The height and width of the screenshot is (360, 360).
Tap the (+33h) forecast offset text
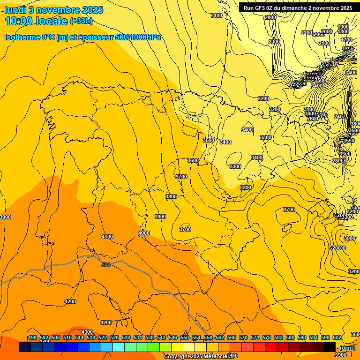point(81,21)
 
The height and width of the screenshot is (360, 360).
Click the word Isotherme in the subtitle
point(22,37)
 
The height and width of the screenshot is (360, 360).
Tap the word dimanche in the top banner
point(292,8)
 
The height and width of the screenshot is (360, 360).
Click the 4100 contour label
point(107,237)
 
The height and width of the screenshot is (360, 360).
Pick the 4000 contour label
point(144,233)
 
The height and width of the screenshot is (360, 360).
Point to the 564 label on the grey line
point(106,265)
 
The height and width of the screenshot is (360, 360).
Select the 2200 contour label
point(307,33)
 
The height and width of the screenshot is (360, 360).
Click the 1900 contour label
point(343,27)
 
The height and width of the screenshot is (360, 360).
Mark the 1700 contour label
point(346,40)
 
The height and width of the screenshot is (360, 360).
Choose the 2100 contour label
point(324,43)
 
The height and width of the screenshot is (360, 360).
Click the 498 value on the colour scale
point(32,337)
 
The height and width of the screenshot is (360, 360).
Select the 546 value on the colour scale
point(172,337)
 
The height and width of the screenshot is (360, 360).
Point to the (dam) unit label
point(347,347)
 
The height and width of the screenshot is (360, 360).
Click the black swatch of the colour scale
point(329,347)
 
